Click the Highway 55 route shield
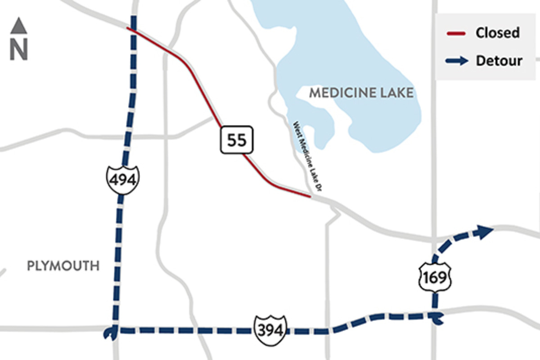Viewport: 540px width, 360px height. (x=237, y=140)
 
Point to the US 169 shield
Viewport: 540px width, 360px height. (x=435, y=277)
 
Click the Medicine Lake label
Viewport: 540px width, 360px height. (x=361, y=93)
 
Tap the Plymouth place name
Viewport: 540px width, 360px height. (x=63, y=266)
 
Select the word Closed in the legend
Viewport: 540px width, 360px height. (x=497, y=33)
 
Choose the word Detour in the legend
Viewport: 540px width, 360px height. (x=499, y=61)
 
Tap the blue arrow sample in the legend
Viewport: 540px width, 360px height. (x=457, y=61)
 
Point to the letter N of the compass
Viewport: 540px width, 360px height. (x=19, y=50)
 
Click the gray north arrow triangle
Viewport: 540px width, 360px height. (x=19, y=26)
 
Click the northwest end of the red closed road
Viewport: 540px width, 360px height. (x=128, y=28)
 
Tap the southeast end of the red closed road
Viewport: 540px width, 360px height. (x=310, y=196)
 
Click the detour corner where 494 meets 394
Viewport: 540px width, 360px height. (x=115, y=330)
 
